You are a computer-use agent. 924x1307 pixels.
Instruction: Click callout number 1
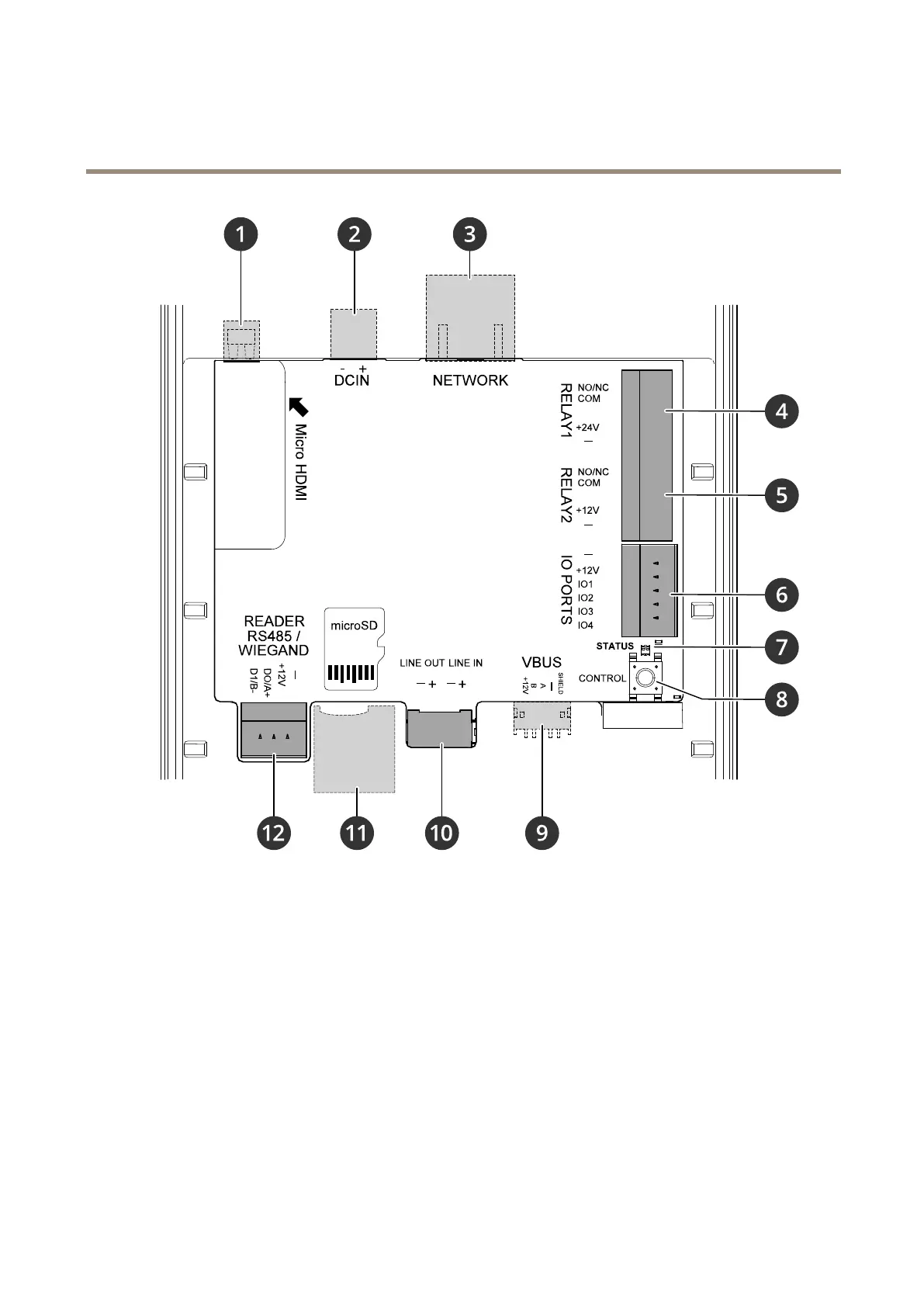[x=241, y=234]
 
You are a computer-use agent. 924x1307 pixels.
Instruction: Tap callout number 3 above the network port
[x=470, y=234]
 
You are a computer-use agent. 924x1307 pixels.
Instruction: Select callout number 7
[x=781, y=647]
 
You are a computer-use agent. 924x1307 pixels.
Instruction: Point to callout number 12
[x=273, y=833]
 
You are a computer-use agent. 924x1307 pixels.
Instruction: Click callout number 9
[x=542, y=833]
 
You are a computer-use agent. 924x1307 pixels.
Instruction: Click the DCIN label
[x=351, y=380]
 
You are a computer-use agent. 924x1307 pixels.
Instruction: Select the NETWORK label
[x=470, y=380]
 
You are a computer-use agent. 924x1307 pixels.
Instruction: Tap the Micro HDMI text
[x=300, y=462]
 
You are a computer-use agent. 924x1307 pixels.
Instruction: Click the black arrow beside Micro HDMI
[x=298, y=407]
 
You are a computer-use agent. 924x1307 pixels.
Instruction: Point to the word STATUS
[x=615, y=646]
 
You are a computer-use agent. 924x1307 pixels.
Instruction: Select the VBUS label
[x=542, y=662]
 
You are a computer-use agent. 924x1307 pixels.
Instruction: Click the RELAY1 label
[x=566, y=411]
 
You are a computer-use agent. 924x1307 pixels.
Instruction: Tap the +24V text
[x=587, y=428]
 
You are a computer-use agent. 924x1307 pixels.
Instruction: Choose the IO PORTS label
[x=566, y=590]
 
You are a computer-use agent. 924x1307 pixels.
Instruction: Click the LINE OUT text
[x=422, y=663]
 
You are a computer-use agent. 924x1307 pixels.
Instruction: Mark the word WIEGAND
[x=273, y=650]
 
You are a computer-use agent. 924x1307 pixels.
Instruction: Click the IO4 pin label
[x=586, y=626]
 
